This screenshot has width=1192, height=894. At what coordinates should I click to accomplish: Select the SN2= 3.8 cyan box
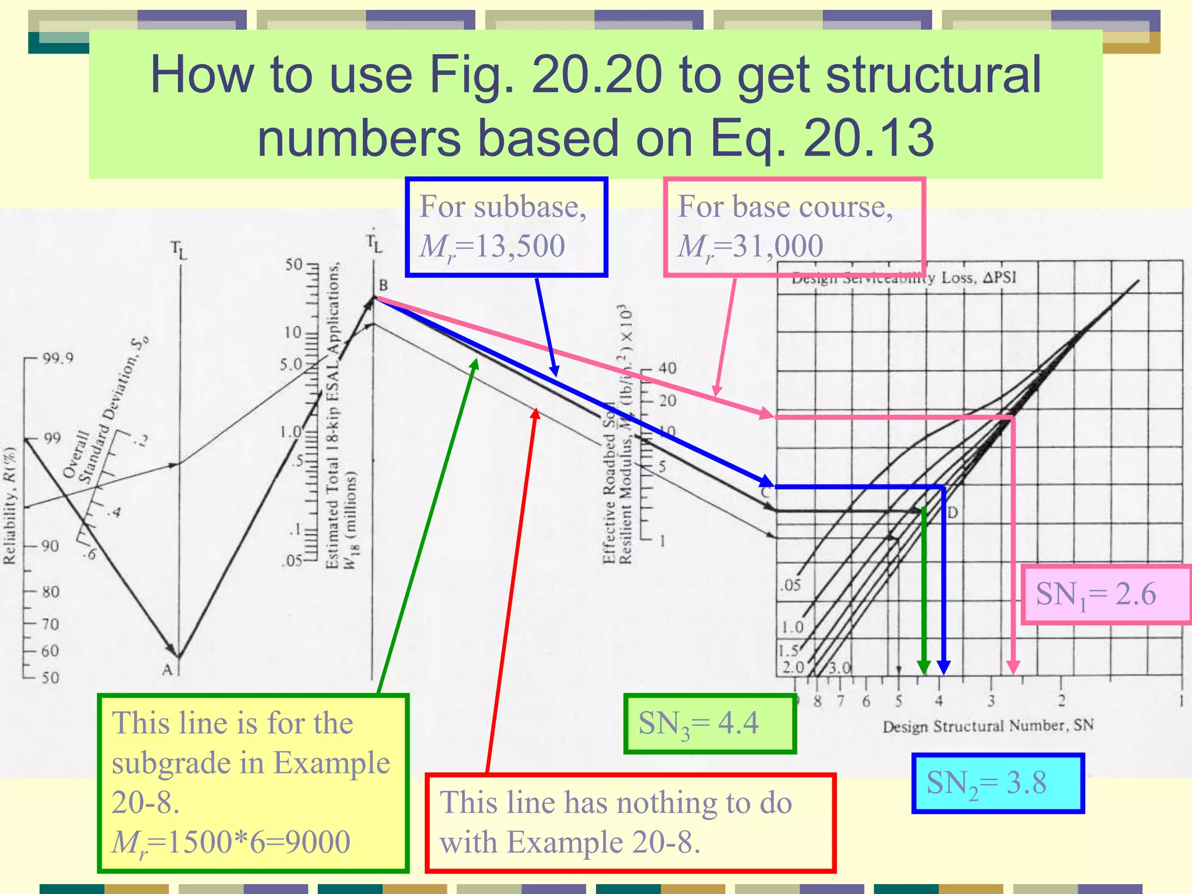998,783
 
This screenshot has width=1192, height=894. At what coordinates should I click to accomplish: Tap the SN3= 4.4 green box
709,724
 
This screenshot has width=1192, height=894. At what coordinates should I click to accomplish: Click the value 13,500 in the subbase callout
520,246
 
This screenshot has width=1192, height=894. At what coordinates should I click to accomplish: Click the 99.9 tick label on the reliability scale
58,358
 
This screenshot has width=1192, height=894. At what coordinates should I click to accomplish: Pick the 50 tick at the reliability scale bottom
50,677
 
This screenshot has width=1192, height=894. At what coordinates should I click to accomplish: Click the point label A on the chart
167,670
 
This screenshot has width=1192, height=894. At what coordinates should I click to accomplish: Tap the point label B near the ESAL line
383,285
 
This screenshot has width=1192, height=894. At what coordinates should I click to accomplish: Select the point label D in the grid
953,513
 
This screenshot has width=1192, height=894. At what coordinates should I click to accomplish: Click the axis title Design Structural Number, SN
988,726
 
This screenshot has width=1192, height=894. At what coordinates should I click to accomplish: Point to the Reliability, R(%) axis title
9,505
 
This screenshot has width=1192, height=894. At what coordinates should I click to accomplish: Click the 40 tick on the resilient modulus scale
668,368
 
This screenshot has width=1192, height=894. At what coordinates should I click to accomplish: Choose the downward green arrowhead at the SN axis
923,668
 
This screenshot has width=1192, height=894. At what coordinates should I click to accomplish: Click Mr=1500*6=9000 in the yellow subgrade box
231,842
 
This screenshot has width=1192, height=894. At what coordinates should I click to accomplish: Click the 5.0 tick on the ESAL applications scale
291,364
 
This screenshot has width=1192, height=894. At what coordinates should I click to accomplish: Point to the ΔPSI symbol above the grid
999,278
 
